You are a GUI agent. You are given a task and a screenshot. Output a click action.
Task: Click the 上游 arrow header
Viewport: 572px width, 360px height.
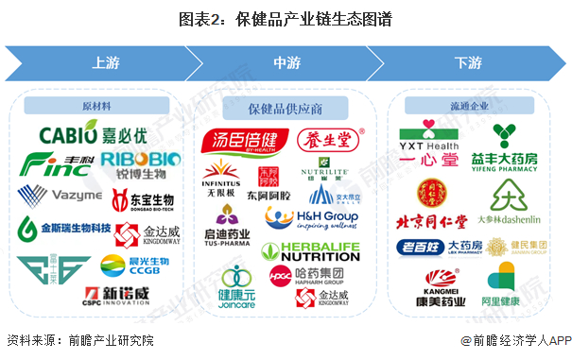[x=104, y=63]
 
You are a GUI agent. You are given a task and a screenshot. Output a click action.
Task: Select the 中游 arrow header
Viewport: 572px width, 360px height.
[x=286, y=63]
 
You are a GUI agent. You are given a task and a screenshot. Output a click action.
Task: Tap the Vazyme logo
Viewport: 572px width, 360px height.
[x=59, y=196]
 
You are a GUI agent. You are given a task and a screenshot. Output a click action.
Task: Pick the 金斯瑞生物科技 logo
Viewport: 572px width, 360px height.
[x=61, y=230]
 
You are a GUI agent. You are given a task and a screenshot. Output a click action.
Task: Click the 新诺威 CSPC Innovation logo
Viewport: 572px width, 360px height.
[x=116, y=294]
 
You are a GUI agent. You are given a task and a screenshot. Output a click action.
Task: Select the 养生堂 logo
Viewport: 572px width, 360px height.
[x=327, y=142]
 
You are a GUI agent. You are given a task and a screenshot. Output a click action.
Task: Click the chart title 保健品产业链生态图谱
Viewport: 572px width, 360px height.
[x=285, y=19]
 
